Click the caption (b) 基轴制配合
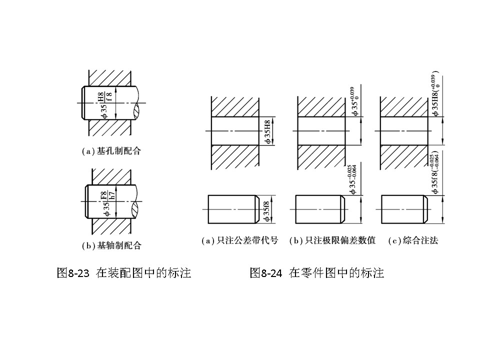[x=111, y=245]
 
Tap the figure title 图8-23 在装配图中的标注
[x=124, y=273]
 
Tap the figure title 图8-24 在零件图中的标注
[x=317, y=273]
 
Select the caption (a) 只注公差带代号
[x=239, y=240]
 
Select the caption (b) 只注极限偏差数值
[x=332, y=240]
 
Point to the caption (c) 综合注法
[x=413, y=240]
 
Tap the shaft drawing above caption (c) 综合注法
[x=404, y=209]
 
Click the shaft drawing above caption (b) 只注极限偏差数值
[x=320, y=209]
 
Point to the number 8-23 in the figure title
[x=78, y=273]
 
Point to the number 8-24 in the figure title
[x=271, y=273]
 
